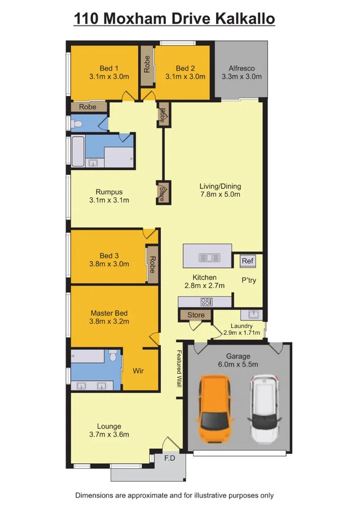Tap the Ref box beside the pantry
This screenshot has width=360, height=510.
(247, 261)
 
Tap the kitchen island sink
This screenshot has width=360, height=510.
(207, 258)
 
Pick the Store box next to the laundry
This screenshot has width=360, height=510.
(196, 314)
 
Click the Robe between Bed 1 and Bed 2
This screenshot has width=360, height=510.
(147, 65)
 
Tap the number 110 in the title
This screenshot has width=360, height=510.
(86, 19)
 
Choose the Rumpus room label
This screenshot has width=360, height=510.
(109, 192)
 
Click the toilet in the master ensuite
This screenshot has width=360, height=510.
(113, 357)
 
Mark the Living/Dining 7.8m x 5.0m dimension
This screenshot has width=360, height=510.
(220, 195)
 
